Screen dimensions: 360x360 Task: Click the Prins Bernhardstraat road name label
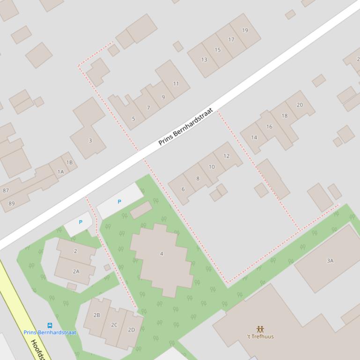pyautogui.click(x=185, y=127)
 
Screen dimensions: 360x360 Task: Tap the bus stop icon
pyautogui.click(x=50, y=325)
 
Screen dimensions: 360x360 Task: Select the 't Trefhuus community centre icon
pyautogui.click(x=260, y=329)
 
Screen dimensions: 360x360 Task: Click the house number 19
pyautogui.click(x=245, y=30)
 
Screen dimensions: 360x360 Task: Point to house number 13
pyautogui.click(x=204, y=59)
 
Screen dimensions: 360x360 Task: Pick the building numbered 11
pyautogui.click(x=176, y=84)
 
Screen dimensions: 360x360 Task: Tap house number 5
pyautogui.click(x=133, y=119)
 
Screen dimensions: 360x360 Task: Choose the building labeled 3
pyautogui.click(x=90, y=140)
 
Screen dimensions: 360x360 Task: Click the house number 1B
pyautogui.click(x=70, y=163)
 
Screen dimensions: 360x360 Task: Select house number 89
pyautogui.click(x=11, y=203)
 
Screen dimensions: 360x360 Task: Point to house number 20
pyautogui.click(x=300, y=105)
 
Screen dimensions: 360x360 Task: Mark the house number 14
pyautogui.click(x=254, y=137)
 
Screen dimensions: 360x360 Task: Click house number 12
pyautogui.click(x=227, y=156)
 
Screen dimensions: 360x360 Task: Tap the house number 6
pyautogui.click(x=183, y=189)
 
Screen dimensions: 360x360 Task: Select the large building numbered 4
pyautogui.click(x=162, y=254)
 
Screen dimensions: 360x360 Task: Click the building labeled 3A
pyautogui.click(x=330, y=261)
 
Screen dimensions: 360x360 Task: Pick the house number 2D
pyautogui.click(x=132, y=330)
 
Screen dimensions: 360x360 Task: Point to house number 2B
pyautogui.click(x=96, y=315)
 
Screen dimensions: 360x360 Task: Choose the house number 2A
pyautogui.click(x=76, y=271)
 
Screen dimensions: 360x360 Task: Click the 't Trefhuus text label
pyautogui.click(x=260, y=337)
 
